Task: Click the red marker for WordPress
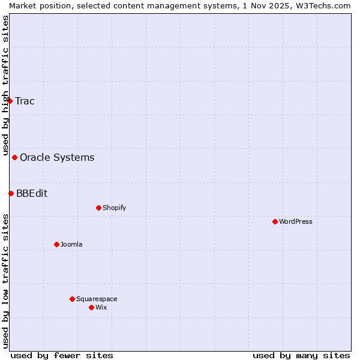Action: pyautogui.click(x=275, y=221)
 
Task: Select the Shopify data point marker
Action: pyautogui.click(x=98, y=208)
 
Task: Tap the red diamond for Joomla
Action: pyautogui.click(x=56, y=244)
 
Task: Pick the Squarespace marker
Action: pyautogui.click(x=72, y=299)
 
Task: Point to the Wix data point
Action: pyautogui.click(x=91, y=307)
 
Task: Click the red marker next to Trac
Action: pyautogui.click(x=10, y=101)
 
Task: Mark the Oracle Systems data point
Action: pyautogui.click(x=14, y=158)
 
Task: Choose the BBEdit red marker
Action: pyautogui.click(x=11, y=193)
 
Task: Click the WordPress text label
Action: pyautogui.click(x=296, y=221)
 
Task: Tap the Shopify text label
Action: pyautogui.click(x=114, y=208)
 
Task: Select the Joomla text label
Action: pyautogui.click(x=71, y=244)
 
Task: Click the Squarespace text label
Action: pyautogui.click(x=97, y=299)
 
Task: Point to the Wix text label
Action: pyautogui.click(x=101, y=307)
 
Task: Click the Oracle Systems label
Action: pyautogui.click(x=57, y=158)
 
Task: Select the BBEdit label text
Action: pyautogui.click(x=32, y=193)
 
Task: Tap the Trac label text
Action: pyautogui.click(x=25, y=101)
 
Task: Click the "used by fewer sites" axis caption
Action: pyautogui.click(x=62, y=355)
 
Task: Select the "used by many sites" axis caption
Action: pyautogui.click(x=301, y=355)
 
